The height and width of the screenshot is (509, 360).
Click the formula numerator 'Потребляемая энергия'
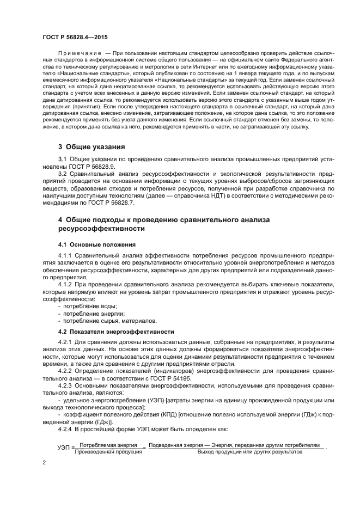pos(103,445)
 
